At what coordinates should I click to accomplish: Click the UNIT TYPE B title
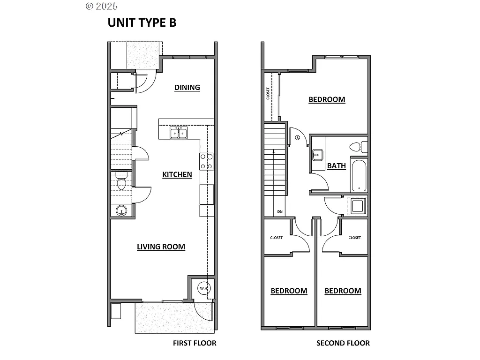pyautogui.click(x=142, y=23)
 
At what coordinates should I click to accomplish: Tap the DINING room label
pyautogui.click(x=187, y=88)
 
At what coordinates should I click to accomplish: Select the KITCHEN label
pyautogui.click(x=177, y=175)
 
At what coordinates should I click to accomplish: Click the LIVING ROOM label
pyautogui.click(x=161, y=247)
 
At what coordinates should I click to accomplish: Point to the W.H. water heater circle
pyautogui.click(x=204, y=287)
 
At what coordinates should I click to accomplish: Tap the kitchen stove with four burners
pyautogui.click(x=207, y=161)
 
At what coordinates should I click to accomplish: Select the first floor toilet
pyautogui.click(x=121, y=183)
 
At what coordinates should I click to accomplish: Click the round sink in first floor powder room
pyautogui.click(x=121, y=211)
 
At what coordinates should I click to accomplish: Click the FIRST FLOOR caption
pyautogui.click(x=195, y=343)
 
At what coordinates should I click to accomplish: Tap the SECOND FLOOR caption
pyautogui.click(x=343, y=343)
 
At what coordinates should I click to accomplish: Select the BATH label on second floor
pyautogui.click(x=336, y=166)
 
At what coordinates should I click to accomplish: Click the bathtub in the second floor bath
pyautogui.click(x=360, y=175)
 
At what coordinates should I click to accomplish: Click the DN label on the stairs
pyautogui.click(x=280, y=211)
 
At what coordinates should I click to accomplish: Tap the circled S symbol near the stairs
pyautogui.click(x=298, y=138)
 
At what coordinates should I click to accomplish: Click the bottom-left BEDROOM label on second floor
pyautogui.click(x=289, y=291)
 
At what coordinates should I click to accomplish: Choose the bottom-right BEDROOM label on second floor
pyautogui.click(x=343, y=291)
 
